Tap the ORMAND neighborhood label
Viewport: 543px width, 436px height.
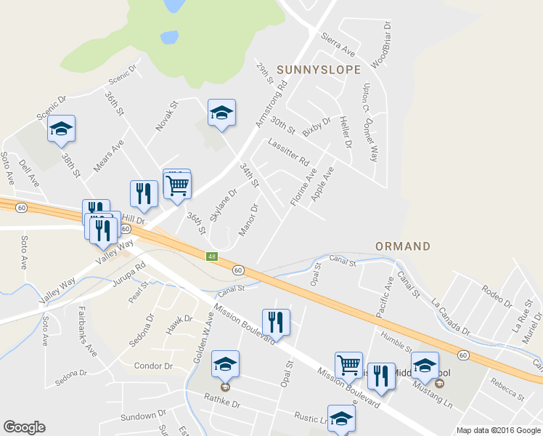point(403,246)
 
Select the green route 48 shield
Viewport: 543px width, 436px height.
point(211,257)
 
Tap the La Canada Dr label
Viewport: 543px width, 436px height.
point(451,316)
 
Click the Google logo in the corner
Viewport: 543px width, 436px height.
point(24,427)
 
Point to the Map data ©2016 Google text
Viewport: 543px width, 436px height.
point(498,430)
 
